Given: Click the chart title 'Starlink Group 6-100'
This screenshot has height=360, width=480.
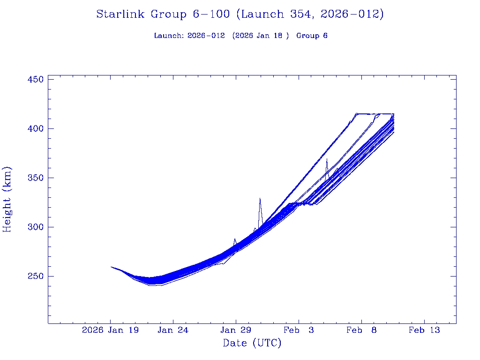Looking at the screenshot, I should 163,15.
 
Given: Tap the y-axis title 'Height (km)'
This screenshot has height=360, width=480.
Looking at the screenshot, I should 7,199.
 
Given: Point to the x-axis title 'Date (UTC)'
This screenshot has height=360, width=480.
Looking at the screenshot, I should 252,344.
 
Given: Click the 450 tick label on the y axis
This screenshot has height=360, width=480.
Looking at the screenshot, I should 36,80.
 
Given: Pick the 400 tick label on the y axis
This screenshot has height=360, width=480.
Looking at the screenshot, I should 36,129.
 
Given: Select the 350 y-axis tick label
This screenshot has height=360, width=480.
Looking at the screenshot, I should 36,178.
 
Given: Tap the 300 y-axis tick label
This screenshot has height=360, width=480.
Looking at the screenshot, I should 36,227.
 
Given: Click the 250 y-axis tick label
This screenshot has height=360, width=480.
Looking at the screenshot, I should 36,277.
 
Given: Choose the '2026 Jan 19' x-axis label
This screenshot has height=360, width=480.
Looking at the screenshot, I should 111,330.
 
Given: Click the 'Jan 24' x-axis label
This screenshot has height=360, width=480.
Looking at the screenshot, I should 173,330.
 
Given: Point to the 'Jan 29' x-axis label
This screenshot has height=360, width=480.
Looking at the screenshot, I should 236,330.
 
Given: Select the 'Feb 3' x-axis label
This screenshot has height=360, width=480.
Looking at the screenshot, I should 299,330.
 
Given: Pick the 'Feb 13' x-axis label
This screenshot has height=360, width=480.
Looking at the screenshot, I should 424,330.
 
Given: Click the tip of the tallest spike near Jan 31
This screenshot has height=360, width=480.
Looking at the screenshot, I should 260,198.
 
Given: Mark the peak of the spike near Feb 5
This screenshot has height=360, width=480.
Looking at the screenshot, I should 327,159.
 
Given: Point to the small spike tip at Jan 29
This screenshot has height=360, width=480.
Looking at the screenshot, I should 235,239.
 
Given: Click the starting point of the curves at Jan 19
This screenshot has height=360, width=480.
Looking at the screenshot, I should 111,267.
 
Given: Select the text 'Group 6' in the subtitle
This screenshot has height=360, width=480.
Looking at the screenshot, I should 312,36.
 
